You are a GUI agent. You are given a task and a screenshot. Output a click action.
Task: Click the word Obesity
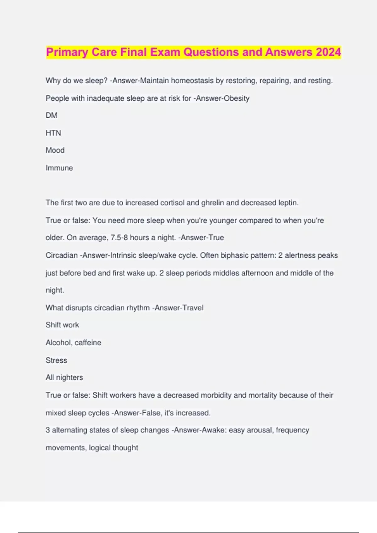pos(236,98)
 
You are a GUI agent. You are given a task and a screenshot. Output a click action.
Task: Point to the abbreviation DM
pos(52,115)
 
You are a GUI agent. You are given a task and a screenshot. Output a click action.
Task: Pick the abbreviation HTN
pos(53,133)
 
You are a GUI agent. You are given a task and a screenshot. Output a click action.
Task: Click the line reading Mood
pos(55,150)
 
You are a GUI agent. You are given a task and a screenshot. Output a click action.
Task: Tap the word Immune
pos(59,168)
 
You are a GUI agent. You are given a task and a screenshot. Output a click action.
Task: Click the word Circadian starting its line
pos(62,255)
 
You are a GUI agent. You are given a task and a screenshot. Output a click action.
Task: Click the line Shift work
pos(62,325)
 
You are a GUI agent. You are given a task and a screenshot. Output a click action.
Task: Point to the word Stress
pos(56,360)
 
